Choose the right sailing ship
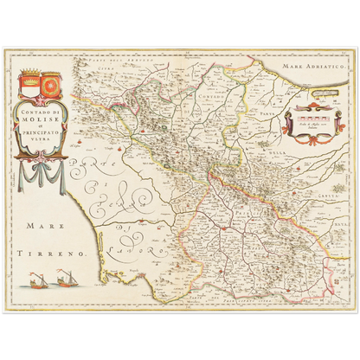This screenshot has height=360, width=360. click(x=66, y=279)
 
